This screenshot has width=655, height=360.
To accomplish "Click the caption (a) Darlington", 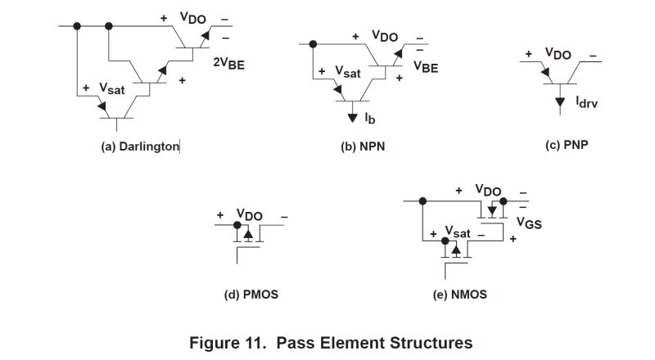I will [139, 146].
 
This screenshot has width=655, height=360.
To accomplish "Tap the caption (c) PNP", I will [567, 145].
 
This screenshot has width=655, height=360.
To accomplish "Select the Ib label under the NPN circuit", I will [371, 119].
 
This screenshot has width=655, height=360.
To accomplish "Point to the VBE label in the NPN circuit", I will [426, 68].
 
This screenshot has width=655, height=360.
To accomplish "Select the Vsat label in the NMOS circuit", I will [458, 232].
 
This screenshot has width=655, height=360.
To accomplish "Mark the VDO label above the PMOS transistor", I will [250, 215].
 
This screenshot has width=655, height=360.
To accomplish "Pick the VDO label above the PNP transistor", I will [558, 54].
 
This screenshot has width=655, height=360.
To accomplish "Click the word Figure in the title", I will [215, 342].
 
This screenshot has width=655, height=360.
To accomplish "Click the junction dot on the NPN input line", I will [312, 44].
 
